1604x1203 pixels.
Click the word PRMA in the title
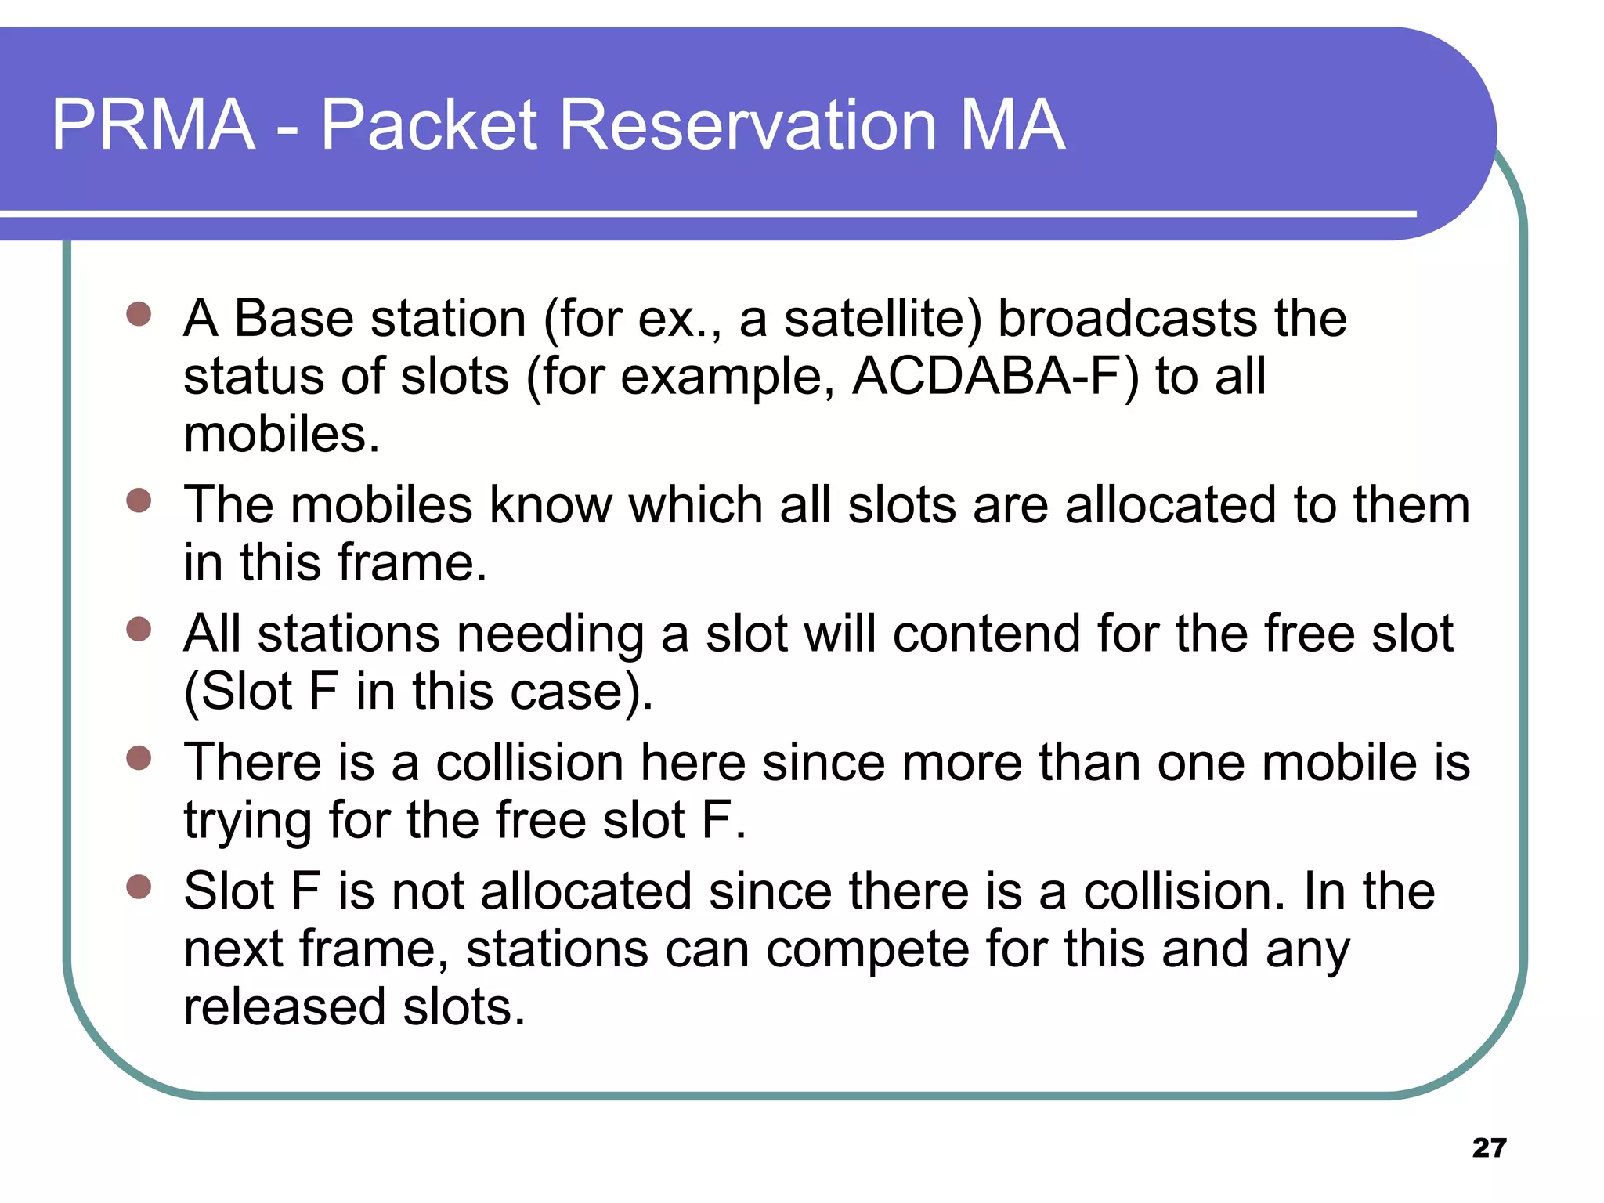coord(154,125)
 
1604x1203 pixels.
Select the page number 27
coord(1489,1147)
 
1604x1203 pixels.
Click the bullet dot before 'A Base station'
coord(139,314)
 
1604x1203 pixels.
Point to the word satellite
coord(883,320)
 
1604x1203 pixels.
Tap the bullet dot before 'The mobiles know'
coord(139,500)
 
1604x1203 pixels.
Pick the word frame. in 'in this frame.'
coord(412,562)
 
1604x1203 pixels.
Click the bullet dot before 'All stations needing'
coord(139,629)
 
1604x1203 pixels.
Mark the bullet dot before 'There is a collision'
coord(139,757)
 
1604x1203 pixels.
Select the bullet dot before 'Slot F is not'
coord(139,887)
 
